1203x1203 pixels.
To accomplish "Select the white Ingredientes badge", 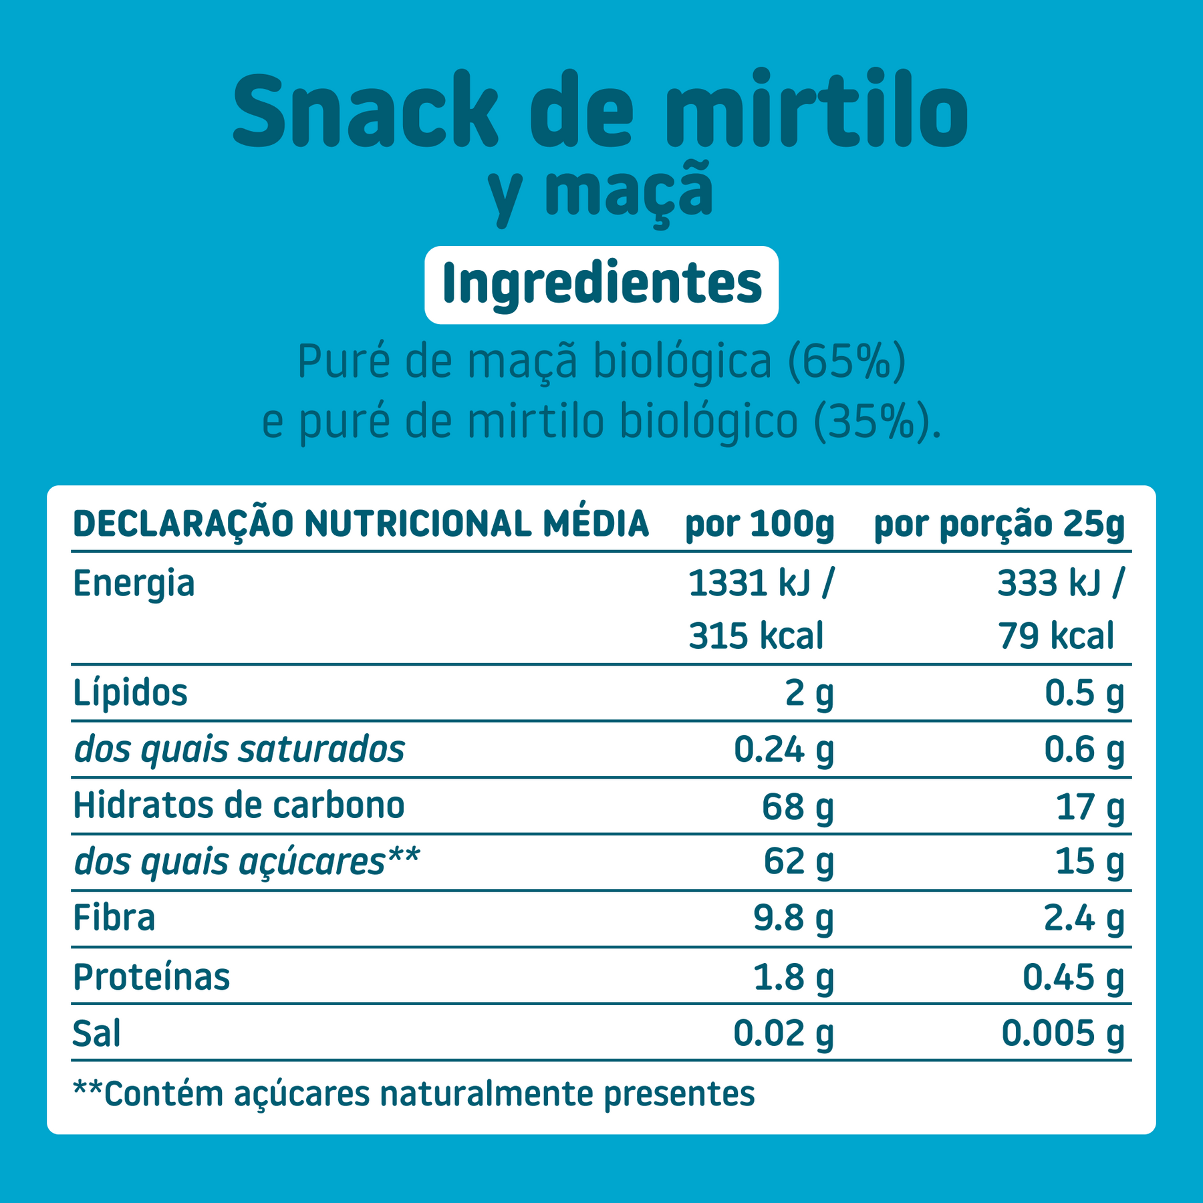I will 601,285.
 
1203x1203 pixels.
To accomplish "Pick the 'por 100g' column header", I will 760,525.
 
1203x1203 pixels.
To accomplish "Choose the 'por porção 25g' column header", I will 999,525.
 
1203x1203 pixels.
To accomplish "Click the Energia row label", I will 134,583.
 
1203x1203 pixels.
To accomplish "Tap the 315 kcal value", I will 756,636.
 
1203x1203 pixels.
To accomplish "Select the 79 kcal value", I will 1056,636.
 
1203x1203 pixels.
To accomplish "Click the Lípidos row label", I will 130,692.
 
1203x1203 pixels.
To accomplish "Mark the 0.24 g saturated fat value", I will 784,749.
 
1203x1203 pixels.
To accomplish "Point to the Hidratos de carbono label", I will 239,805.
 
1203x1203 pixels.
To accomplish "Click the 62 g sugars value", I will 799,861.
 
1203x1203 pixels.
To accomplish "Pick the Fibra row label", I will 114,918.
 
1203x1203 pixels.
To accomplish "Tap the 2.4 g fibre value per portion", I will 1084,918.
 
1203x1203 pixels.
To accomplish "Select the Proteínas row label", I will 152,976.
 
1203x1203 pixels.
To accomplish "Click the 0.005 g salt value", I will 1063,1033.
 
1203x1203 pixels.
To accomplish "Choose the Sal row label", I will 97,1033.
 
